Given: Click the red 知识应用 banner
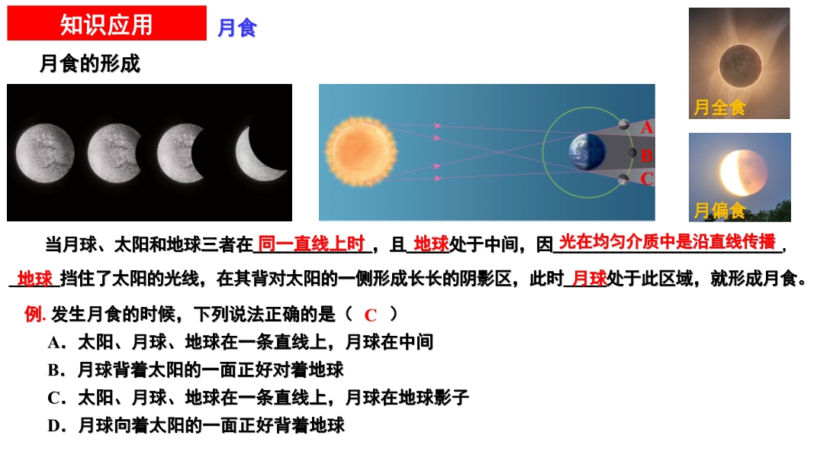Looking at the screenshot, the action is click(107, 23).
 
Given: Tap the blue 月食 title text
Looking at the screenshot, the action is click(237, 27).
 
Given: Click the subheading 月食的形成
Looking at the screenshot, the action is click(89, 63).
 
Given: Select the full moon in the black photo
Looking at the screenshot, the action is click(45, 153).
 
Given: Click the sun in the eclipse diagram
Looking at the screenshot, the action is click(361, 152).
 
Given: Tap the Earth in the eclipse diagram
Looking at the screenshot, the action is click(587, 153).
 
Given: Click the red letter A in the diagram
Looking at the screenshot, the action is click(647, 127).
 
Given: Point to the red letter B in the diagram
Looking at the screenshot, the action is click(647, 155).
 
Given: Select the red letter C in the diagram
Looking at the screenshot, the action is click(647, 179).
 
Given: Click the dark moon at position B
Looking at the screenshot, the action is click(632, 153).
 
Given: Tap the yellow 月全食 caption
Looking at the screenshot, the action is click(719, 108).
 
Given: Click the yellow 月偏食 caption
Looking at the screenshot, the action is click(719, 210).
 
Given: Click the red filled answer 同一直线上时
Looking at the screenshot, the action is click(311, 244).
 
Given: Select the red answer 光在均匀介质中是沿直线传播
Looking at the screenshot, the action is click(667, 241).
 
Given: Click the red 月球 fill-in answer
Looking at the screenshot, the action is click(590, 278).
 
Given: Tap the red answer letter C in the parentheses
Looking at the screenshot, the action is click(371, 315).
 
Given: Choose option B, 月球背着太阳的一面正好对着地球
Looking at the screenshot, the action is click(195, 370).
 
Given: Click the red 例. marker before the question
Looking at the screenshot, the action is click(35, 314).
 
